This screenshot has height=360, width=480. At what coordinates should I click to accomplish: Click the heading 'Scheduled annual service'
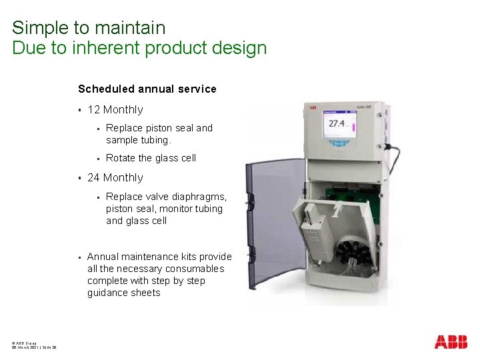click(x=147, y=89)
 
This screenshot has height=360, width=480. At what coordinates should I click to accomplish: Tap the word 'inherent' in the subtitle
click(x=107, y=48)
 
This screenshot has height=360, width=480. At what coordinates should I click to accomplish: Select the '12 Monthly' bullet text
click(x=115, y=109)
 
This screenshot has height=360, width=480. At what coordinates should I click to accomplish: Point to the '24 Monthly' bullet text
click(x=115, y=177)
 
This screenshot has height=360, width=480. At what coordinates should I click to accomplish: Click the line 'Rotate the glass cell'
click(x=151, y=158)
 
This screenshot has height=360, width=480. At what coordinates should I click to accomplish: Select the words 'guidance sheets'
click(x=124, y=293)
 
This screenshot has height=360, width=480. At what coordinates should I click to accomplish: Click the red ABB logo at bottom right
click(x=451, y=342)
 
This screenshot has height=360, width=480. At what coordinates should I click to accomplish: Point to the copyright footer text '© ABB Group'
click(x=24, y=342)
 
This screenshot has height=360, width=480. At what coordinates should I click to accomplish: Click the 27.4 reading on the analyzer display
click(x=337, y=125)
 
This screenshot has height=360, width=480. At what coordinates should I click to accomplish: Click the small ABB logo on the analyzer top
click(x=311, y=107)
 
